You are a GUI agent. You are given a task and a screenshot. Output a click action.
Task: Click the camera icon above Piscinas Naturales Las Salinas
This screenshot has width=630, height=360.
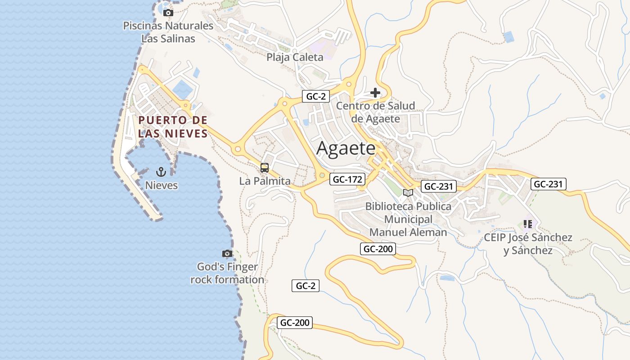[168, 13]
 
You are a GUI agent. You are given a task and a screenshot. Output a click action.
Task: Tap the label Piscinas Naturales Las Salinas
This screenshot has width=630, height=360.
[168, 32]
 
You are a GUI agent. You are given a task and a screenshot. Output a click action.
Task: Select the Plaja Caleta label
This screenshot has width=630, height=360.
[295, 57]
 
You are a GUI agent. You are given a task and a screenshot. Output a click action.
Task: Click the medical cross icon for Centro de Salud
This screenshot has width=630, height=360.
[375, 93]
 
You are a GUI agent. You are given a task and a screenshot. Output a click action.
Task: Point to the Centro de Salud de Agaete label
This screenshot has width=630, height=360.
[376, 112]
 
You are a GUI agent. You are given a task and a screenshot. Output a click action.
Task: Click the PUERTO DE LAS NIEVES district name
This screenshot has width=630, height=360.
[173, 127]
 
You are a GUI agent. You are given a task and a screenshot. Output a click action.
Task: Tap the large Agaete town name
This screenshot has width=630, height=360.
[346, 148]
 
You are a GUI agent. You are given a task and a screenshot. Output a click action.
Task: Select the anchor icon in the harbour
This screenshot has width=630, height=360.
[161, 171]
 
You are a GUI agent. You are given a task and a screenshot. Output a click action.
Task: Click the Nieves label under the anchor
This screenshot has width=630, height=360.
[161, 185]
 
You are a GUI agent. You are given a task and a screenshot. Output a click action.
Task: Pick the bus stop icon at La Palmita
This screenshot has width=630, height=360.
[265, 168]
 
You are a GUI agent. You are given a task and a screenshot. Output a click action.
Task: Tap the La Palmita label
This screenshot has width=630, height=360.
[265, 181]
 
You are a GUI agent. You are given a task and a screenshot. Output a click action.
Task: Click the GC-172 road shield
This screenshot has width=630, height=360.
[347, 180]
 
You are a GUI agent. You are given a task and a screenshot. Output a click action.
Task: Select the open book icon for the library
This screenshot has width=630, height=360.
[408, 193]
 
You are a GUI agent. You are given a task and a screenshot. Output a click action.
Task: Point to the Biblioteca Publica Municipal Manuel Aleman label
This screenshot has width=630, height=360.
[408, 219]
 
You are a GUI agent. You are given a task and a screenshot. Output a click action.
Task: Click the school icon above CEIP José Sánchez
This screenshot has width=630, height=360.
[528, 224]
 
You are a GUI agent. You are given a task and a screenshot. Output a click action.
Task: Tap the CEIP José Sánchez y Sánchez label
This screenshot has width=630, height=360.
[528, 243]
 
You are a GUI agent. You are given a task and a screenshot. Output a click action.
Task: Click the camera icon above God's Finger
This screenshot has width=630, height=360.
[227, 254]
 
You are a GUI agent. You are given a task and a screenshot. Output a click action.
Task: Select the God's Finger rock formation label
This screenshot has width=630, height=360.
[227, 273]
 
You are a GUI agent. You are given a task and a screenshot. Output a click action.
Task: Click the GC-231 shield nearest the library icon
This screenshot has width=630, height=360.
[439, 186]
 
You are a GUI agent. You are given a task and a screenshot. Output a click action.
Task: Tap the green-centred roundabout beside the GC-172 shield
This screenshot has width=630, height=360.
[322, 175]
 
